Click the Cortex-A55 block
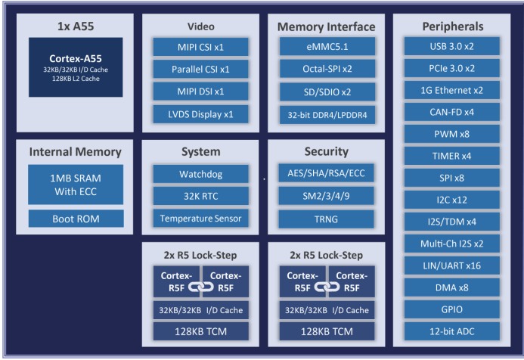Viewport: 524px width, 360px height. [76, 67]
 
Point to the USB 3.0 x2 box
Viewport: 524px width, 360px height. [452, 47]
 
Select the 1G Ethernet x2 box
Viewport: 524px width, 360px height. [452, 90]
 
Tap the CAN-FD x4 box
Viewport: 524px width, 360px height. [452, 112]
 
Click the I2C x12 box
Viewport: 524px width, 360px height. [452, 200]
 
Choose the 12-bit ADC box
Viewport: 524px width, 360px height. [452, 331]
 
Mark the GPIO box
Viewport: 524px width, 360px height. [452, 309]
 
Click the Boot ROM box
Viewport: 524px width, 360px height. [76, 219]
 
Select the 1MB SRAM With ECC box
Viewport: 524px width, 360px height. [76, 185]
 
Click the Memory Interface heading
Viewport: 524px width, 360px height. [326, 26]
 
